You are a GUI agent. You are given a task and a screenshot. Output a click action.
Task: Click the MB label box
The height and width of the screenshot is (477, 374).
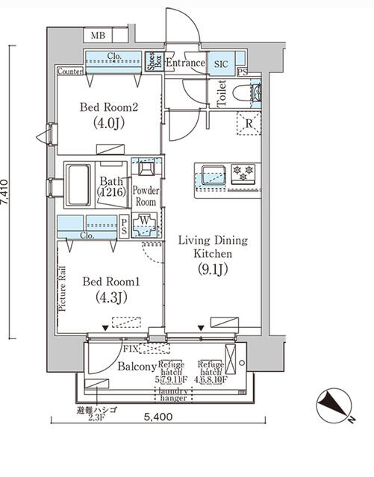coord(98,36)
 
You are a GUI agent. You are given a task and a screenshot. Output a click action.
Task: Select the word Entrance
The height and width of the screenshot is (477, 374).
coord(185,63)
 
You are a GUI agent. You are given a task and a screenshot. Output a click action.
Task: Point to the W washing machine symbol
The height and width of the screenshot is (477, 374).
coord(146,221)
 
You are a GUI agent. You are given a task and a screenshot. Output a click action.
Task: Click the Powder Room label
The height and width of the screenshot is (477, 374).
coord(145,196)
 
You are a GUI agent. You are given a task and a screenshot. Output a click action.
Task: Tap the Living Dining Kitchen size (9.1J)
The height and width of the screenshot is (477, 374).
coord(211,270)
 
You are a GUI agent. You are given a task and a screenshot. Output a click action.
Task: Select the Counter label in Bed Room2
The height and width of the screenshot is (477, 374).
coord(69,72)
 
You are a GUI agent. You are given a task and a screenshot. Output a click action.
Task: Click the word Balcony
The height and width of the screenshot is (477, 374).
coord(137,367)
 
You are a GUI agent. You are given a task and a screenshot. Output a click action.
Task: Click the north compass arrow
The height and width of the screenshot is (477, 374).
coord(331,407)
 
